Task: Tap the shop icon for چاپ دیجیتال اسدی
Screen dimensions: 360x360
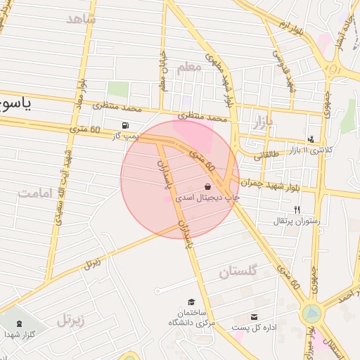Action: tap(208, 186)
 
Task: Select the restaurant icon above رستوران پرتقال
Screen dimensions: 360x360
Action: tap(297, 210)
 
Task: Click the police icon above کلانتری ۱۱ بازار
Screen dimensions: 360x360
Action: tap(311, 139)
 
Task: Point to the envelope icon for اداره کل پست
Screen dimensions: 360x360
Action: tap(254, 317)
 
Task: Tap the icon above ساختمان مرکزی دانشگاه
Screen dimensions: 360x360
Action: tap(191, 302)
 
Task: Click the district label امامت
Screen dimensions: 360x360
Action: tap(37, 193)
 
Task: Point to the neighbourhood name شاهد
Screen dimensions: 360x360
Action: tap(80, 19)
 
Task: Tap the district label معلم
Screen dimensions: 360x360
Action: tap(189, 67)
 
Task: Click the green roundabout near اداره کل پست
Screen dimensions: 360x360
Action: tap(310, 313)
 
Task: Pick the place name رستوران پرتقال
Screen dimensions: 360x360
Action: tap(297, 221)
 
